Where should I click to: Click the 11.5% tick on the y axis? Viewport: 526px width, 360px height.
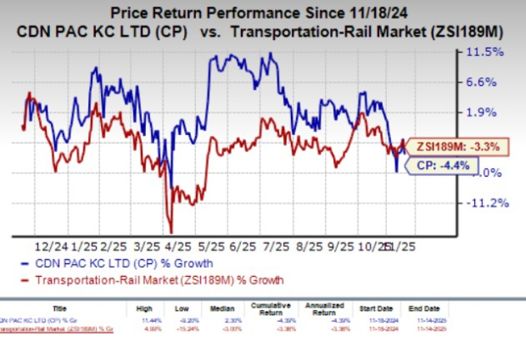[x=486, y=53]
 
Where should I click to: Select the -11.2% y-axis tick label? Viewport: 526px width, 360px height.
[x=486, y=202]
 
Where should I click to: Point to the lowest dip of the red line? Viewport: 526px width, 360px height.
[x=172, y=231]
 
